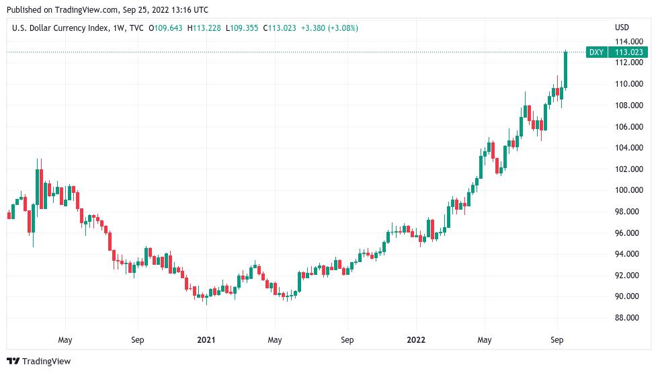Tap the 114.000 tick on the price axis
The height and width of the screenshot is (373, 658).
point(627,42)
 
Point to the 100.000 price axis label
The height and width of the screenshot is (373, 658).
point(627,190)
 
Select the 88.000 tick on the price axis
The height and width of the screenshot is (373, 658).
point(627,318)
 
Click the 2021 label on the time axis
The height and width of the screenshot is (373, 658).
point(206,340)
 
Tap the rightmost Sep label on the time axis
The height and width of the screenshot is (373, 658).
point(557,340)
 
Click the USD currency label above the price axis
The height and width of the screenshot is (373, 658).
point(622,28)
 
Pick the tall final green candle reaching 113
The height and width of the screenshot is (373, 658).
point(566,70)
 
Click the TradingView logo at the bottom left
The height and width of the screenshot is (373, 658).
point(39,362)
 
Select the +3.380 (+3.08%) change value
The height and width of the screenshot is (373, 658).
point(329,28)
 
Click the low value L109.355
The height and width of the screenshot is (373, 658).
point(242,28)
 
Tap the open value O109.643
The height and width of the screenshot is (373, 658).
point(166,28)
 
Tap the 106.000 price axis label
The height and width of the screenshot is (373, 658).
point(627,126)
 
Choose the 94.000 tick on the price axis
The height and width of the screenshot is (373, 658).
point(627,254)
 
